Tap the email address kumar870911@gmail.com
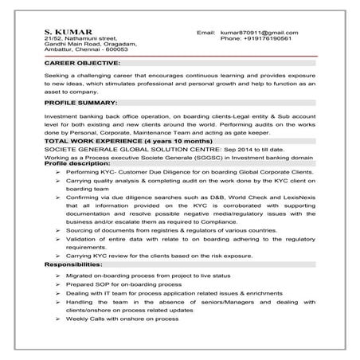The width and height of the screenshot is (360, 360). tap(259, 31)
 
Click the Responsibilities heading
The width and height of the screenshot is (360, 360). tap(73, 263)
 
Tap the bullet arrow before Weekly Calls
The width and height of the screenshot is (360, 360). tap(60, 318)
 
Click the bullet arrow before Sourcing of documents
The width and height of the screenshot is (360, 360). tap(60, 229)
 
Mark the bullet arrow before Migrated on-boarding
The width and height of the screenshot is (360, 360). tap(60, 273)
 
